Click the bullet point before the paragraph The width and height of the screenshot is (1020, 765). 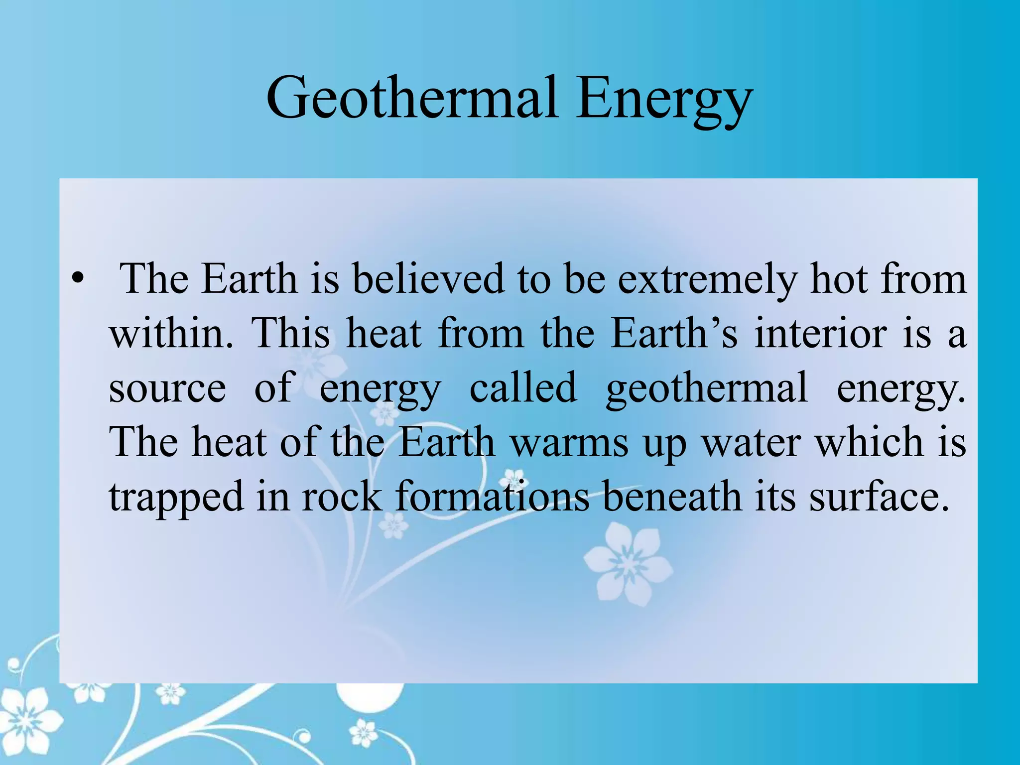click(77, 278)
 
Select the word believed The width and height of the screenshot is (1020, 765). click(428, 278)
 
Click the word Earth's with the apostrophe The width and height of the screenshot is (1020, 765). click(674, 333)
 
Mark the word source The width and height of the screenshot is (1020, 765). click(167, 388)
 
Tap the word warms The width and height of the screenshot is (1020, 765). click(570, 442)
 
